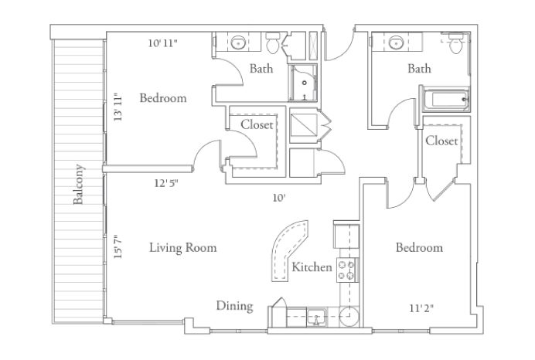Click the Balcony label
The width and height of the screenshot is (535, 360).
pos(79,185)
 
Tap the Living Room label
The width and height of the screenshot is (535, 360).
pos(182,248)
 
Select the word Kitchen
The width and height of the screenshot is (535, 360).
pos(312,267)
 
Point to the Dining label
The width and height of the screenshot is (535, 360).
pos(234,306)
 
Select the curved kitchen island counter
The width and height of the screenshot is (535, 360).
pos(287,246)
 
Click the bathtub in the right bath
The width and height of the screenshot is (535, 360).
pos(444,99)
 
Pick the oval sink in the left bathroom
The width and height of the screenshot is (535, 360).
pos(237,42)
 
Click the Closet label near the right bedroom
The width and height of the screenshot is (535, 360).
pos(441,141)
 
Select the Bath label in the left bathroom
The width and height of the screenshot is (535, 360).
pos(261,69)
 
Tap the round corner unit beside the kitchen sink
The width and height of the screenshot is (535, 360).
pos(349,316)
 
